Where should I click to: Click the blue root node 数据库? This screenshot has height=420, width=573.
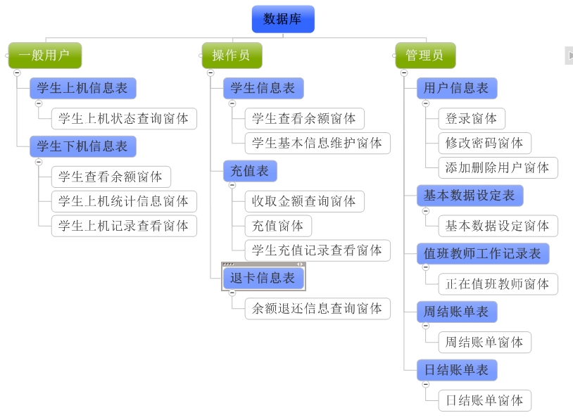point(283,19)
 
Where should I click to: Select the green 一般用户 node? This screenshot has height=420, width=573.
point(45,55)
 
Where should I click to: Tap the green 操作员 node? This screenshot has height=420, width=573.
point(232,55)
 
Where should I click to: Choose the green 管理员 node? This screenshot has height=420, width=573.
point(425,55)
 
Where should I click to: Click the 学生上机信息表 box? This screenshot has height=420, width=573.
point(83,88)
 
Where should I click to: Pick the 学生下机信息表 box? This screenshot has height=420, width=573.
point(83,146)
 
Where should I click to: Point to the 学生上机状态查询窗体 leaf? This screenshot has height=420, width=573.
point(124,118)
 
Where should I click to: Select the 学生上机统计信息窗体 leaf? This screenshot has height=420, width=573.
point(124,201)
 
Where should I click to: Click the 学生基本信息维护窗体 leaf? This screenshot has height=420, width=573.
point(317,143)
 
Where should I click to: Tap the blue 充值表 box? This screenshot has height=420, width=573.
point(251,171)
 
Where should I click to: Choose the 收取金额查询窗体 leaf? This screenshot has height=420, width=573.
point(305,201)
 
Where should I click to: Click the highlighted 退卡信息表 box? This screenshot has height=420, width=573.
point(263,278)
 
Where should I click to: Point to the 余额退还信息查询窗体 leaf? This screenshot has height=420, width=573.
point(317,308)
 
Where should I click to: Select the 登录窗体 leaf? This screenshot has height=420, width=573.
point(472,118)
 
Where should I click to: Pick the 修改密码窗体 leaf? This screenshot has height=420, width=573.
point(484,143)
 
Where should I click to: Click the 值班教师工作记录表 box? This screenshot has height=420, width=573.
point(483,253)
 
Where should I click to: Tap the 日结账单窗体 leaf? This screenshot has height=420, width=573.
point(484,400)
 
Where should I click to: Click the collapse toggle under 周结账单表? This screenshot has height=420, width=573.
point(425,326)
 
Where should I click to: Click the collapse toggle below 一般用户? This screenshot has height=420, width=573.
point(17,72)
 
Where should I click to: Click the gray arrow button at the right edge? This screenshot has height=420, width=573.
point(569,55)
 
